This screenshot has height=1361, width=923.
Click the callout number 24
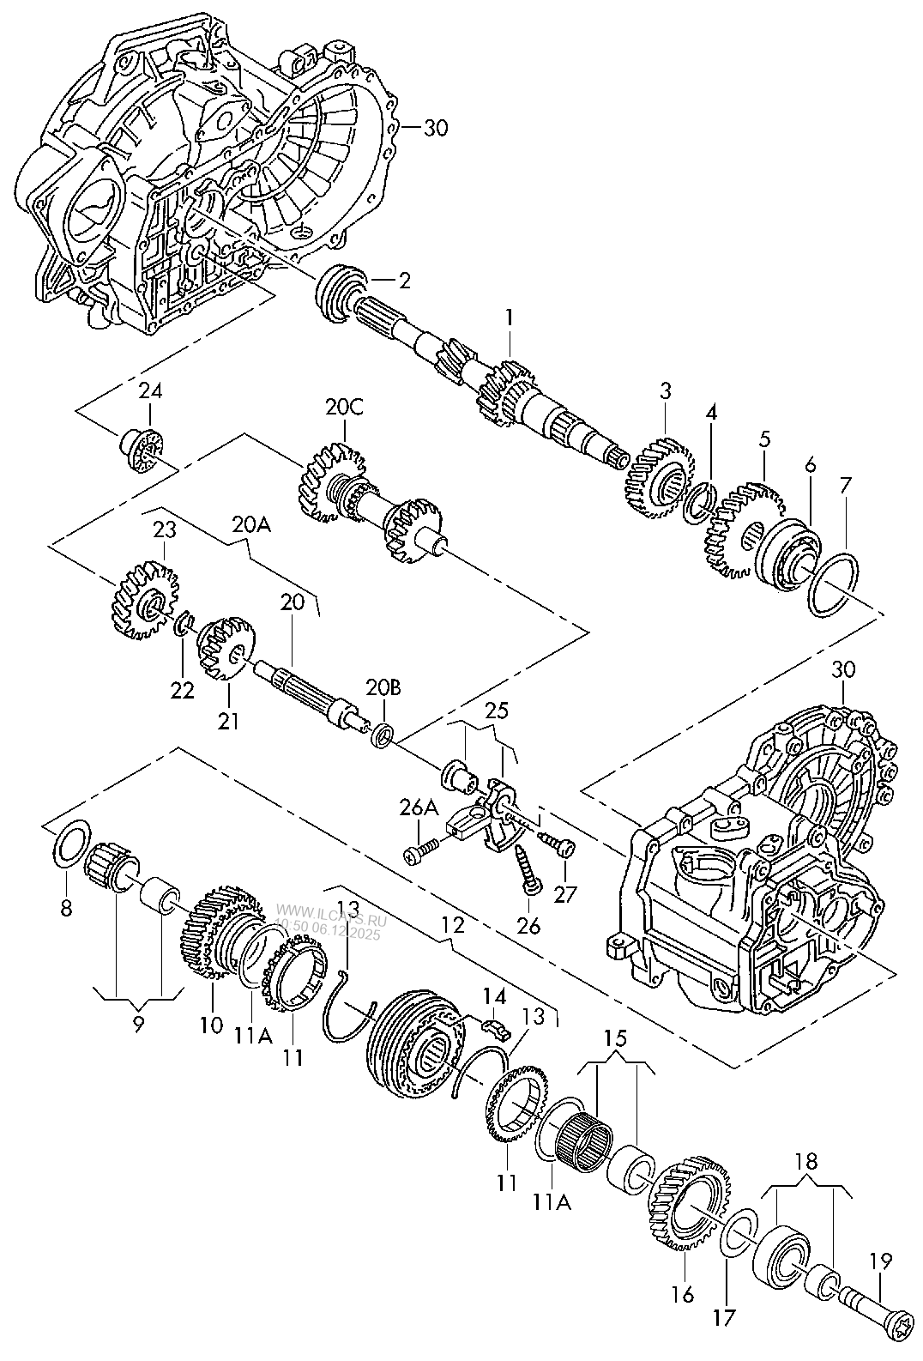pyautogui.click(x=150, y=392)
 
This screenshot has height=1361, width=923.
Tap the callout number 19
pyautogui.click(x=880, y=1262)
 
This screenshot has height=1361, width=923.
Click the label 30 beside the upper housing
pyautogui.click(x=436, y=129)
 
